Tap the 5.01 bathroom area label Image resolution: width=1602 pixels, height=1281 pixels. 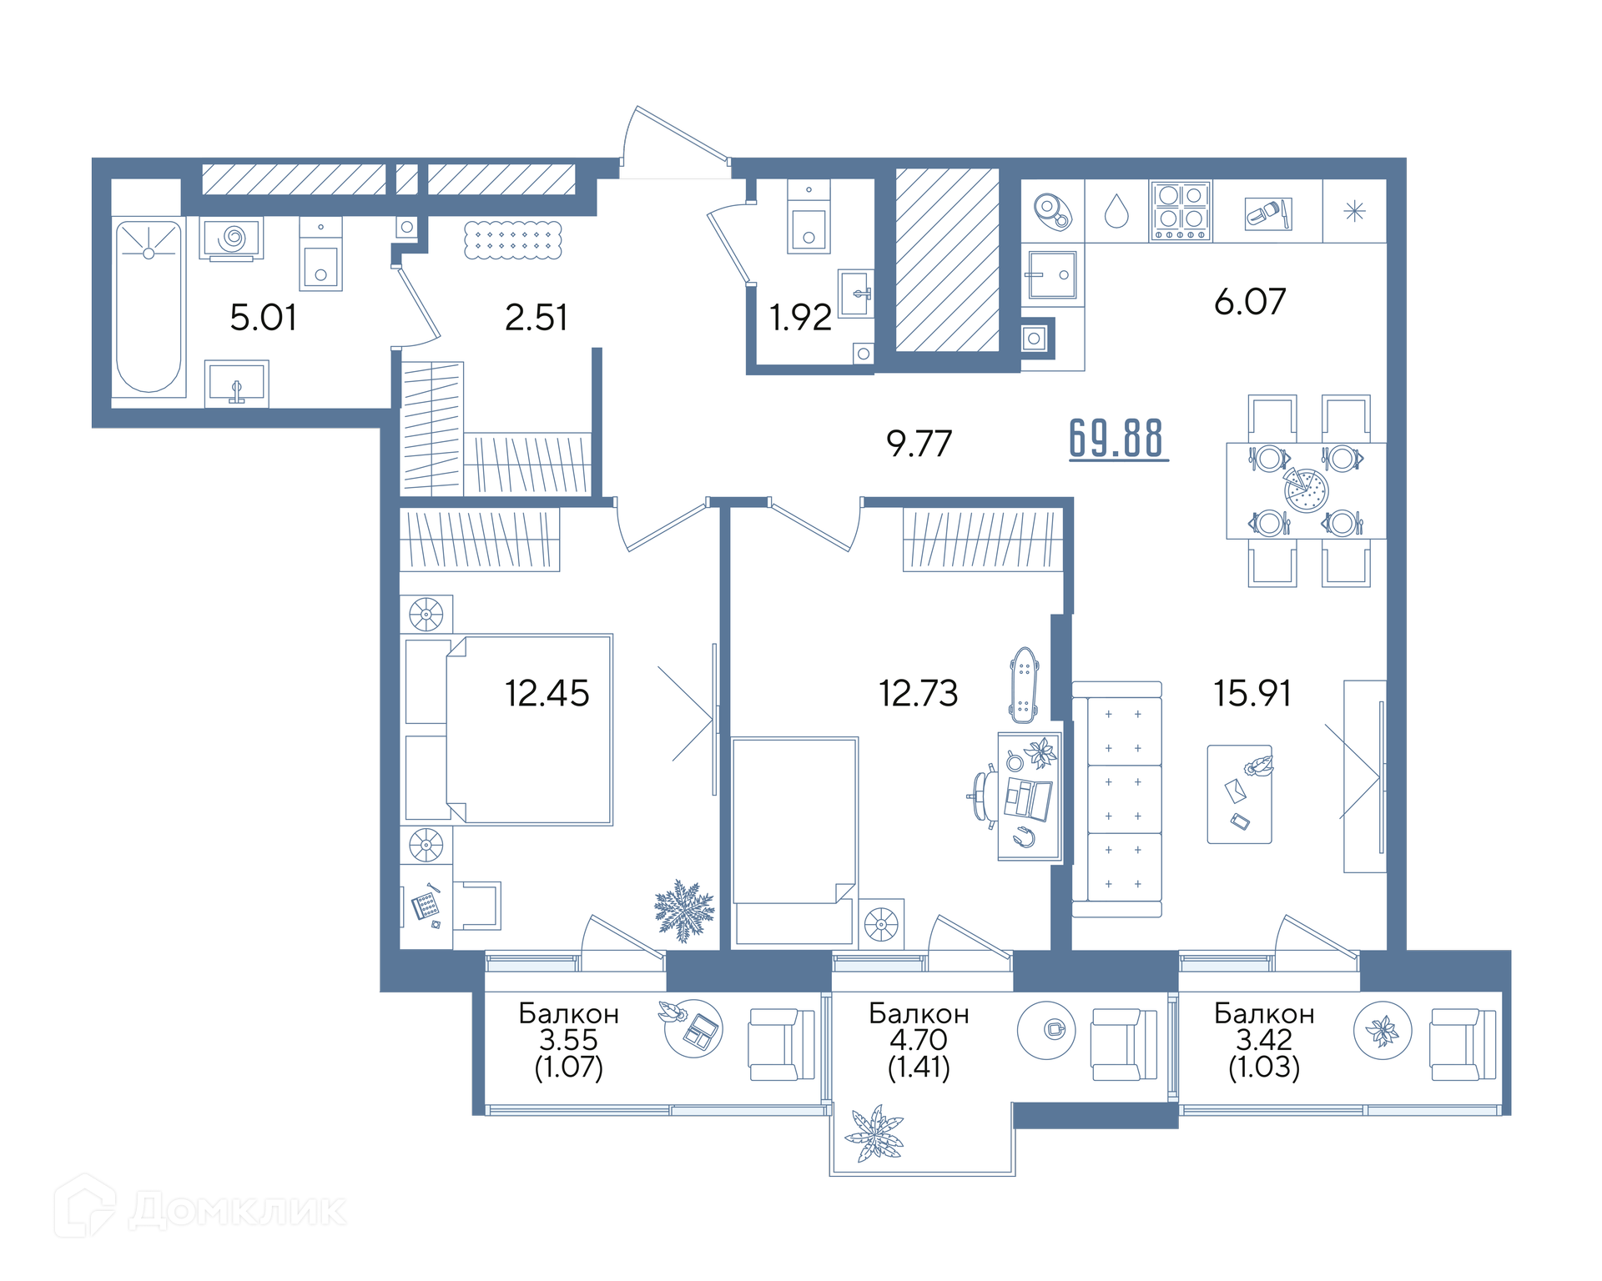coord(263,318)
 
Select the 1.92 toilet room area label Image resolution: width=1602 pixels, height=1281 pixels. coord(800,318)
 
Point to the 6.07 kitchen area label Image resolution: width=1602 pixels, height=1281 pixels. coord(1250,301)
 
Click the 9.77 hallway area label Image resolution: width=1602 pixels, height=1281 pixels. coord(919,443)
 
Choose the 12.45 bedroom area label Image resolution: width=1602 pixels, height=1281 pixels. coord(547,693)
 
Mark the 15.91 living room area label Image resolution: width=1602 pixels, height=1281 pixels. coord(1252,693)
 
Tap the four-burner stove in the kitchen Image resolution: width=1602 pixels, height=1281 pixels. coord(1181,211)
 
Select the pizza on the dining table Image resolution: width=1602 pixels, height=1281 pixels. coord(1305,490)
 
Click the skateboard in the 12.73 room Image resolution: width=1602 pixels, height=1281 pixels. coord(1024,685)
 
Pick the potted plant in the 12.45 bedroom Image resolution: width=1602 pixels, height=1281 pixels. coord(684,911)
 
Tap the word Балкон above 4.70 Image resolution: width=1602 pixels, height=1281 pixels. coord(919,1013)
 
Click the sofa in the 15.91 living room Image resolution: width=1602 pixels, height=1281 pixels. coord(1116,799)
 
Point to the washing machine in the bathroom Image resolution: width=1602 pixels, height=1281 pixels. coord(232,239)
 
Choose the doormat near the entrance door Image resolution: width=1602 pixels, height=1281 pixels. coord(512,240)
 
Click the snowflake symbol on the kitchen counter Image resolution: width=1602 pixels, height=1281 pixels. coord(1354,211)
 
